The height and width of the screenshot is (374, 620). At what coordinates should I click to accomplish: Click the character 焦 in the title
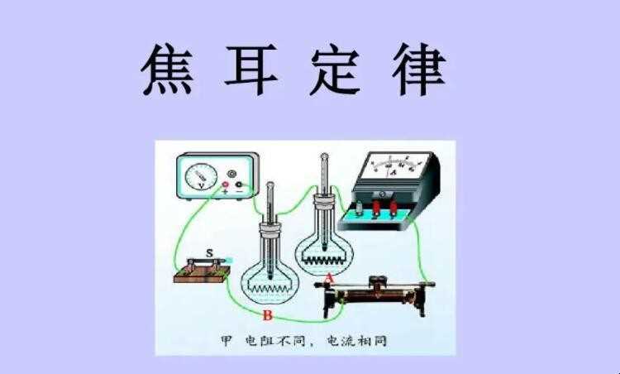point(166,70)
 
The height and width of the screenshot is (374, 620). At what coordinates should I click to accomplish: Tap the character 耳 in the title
point(250,70)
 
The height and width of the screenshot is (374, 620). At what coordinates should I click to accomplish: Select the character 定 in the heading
point(335,70)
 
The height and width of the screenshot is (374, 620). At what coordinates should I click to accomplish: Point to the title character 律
point(419,70)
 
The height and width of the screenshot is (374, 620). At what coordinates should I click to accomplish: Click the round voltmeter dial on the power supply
point(201,176)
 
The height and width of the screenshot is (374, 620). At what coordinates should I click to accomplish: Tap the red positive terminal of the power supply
point(225,185)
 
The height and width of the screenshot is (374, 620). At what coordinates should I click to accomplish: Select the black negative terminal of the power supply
point(238,185)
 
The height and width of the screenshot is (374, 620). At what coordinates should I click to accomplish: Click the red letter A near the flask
point(329,279)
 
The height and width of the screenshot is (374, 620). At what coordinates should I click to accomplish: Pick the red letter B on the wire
point(268,315)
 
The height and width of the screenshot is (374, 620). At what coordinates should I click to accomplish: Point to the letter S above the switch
point(210,253)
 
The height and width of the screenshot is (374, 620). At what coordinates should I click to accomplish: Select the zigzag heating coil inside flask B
point(269,289)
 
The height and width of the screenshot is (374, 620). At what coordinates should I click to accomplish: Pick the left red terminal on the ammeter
point(376,208)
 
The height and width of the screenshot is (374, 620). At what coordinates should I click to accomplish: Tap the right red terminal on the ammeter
point(393,209)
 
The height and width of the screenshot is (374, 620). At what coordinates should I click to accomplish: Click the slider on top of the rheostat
point(379,282)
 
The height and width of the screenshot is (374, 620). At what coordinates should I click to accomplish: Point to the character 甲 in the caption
point(226,341)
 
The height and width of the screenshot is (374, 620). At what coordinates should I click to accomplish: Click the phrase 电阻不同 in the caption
point(275,341)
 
